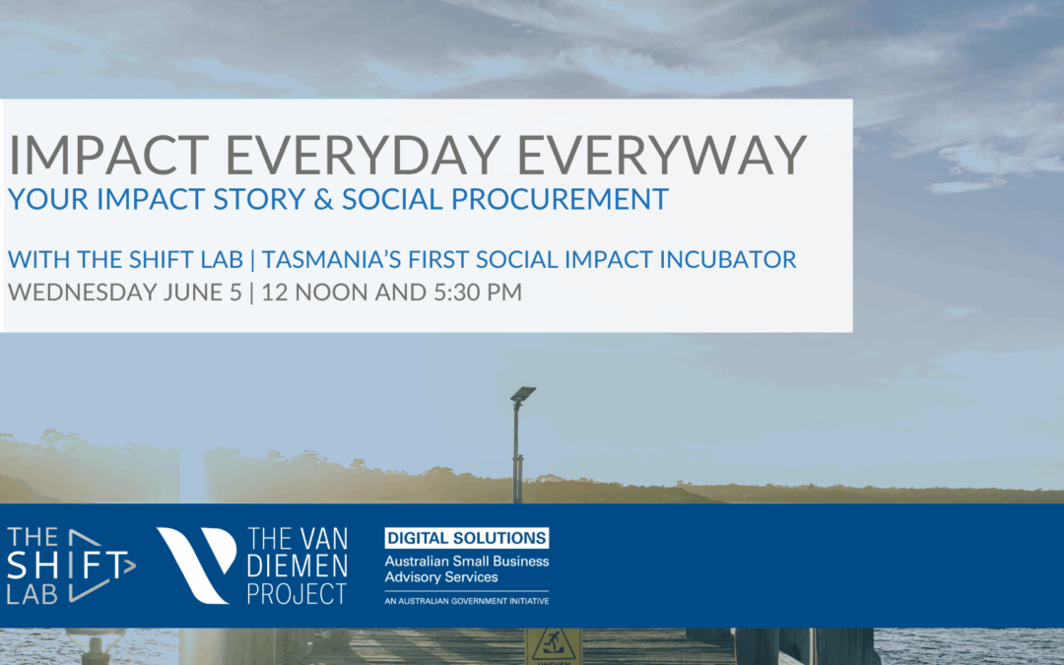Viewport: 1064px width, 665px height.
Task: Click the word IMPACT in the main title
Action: [x=108, y=155]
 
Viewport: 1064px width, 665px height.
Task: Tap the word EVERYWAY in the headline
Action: [x=662, y=155]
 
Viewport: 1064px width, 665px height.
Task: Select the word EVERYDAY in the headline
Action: [x=363, y=155]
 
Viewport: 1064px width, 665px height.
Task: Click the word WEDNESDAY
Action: [x=83, y=293]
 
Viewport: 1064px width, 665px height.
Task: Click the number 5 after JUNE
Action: [x=235, y=293]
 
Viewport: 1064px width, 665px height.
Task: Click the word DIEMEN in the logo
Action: [x=298, y=565]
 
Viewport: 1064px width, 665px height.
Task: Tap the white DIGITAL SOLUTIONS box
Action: [x=467, y=538]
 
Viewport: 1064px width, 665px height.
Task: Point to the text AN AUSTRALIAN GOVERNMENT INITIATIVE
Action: [x=467, y=601]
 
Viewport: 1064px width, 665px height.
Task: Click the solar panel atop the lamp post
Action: [x=522, y=393]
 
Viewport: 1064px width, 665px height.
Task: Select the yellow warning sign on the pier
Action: [x=553, y=646]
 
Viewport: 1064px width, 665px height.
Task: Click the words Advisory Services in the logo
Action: [x=441, y=577]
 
